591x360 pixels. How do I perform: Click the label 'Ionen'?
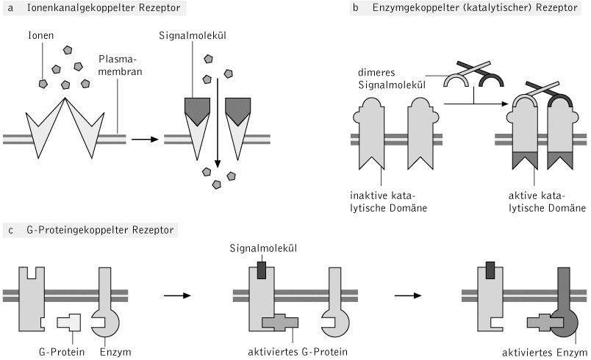(x=40, y=35)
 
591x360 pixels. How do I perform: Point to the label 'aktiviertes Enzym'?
(x=545, y=352)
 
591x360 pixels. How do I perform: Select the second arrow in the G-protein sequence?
(x=406, y=296)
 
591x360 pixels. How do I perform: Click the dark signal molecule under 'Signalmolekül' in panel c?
(x=262, y=270)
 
